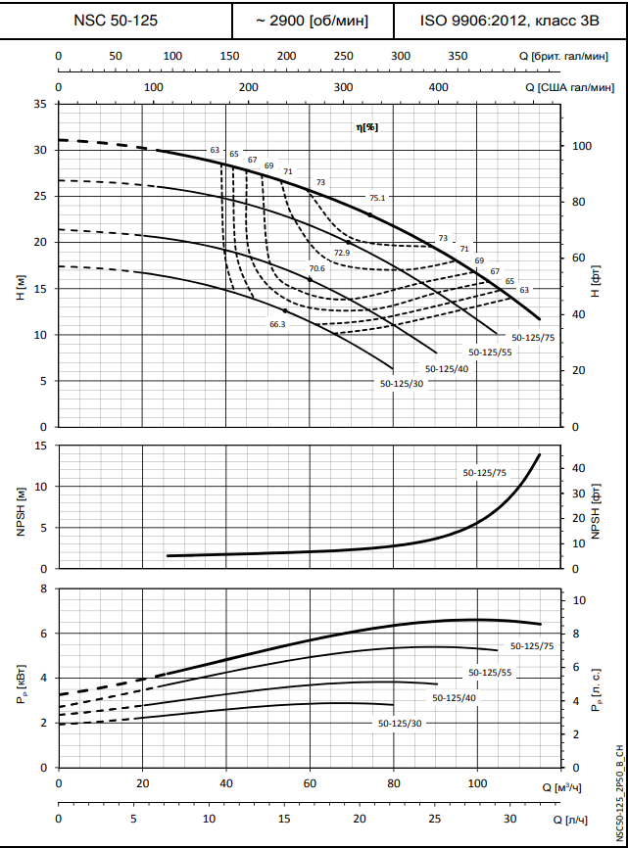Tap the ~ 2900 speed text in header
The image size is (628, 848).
pyautogui.click(x=312, y=20)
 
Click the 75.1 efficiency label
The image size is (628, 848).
pyautogui.click(x=378, y=198)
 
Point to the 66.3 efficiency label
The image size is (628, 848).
pyautogui.click(x=277, y=324)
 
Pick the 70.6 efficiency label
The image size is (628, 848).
pyautogui.click(x=316, y=268)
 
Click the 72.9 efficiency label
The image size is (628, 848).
pyautogui.click(x=342, y=253)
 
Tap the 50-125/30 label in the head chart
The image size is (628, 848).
pyautogui.click(x=402, y=384)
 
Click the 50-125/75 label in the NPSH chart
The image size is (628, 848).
pyautogui.click(x=485, y=473)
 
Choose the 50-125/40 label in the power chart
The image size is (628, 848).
pyautogui.click(x=454, y=697)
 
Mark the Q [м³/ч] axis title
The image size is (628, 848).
pyautogui.click(x=585, y=787)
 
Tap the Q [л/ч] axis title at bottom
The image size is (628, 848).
pyautogui.click(x=588, y=819)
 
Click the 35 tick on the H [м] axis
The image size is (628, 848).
pyautogui.click(x=40, y=104)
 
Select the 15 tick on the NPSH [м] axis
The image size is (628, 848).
pyautogui.click(x=40, y=446)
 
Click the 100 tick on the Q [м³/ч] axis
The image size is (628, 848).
pyautogui.click(x=477, y=785)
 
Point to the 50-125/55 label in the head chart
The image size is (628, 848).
pyautogui.click(x=490, y=352)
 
